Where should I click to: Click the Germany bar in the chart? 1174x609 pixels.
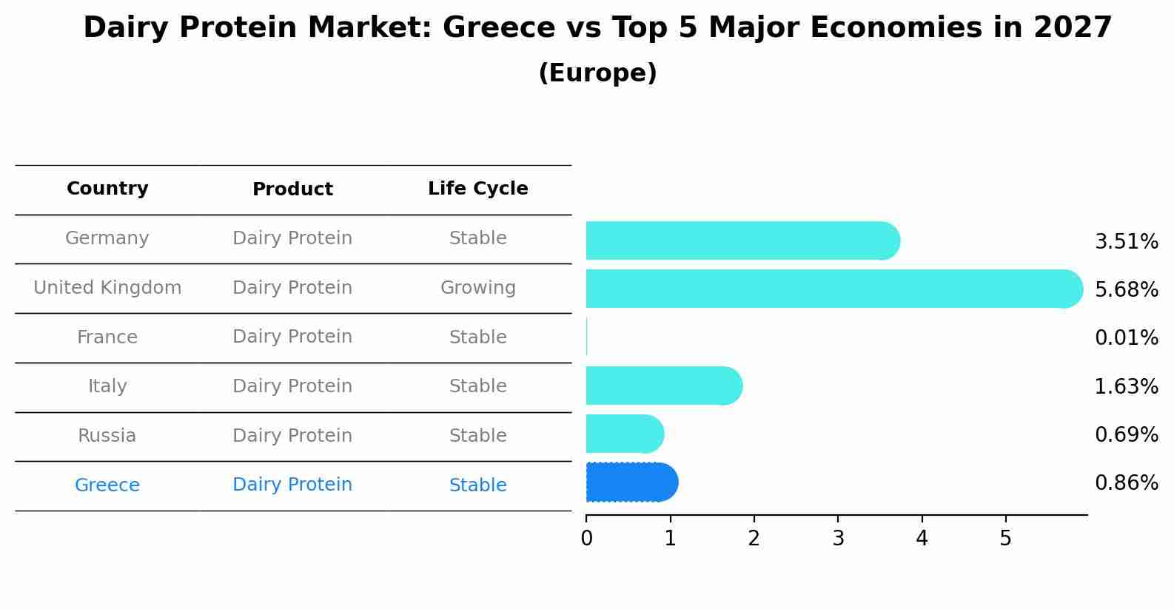(x=740, y=240)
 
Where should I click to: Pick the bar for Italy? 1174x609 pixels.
(x=663, y=386)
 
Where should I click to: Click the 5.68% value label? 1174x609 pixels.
(x=1126, y=289)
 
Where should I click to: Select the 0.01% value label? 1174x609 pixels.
(x=1126, y=338)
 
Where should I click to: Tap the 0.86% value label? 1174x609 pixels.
(x=1126, y=483)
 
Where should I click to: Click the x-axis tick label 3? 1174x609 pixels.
(x=838, y=539)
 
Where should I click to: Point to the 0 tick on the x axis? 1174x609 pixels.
(x=586, y=539)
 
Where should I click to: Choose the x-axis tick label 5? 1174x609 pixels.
(x=1005, y=539)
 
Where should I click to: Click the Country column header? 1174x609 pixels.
(x=107, y=189)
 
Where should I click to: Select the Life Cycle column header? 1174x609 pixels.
(x=477, y=189)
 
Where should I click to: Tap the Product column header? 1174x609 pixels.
(x=292, y=189)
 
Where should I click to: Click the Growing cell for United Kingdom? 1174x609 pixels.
(x=477, y=288)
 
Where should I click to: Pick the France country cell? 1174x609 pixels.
(x=107, y=337)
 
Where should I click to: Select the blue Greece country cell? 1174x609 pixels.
(x=107, y=485)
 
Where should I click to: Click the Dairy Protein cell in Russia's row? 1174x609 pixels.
(x=292, y=436)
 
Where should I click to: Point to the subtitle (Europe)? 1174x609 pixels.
(x=597, y=73)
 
